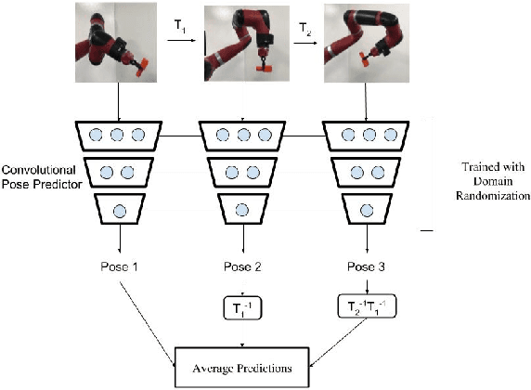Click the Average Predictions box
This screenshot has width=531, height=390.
click(244, 368)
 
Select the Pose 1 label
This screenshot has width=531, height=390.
click(118, 267)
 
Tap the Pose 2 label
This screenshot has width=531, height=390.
click(244, 267)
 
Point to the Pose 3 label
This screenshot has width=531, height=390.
click(369, 267)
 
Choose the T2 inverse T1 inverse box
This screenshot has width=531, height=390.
click(369, 305)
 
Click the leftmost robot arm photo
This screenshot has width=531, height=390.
click(119, 40)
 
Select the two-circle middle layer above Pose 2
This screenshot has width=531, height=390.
click(243, 172)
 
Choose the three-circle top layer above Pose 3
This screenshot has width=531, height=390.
click(369, 136)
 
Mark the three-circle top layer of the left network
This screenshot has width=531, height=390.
click(118, 136)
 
